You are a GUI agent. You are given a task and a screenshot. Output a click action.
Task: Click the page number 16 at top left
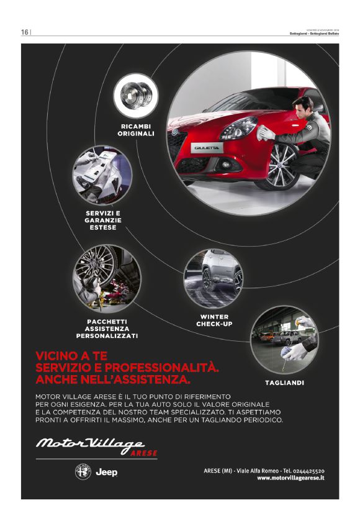tap(25, 32)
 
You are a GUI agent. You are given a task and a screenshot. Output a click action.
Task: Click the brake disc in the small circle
tap(136, 94)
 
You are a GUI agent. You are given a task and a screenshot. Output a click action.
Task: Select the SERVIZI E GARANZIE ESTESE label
tap(103, 220)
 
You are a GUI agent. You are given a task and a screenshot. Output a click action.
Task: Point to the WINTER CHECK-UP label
tap(214, 320)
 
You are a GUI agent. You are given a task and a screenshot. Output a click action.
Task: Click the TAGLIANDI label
tap(284, 383)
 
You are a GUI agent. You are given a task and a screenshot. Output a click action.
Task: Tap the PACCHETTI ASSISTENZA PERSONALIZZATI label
tap(107, 329)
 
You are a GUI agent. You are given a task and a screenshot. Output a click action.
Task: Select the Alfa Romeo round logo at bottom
tap(83, 472)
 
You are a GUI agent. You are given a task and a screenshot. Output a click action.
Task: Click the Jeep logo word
tap(106, 473)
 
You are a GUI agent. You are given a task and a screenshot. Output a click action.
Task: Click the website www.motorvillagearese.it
tap(290, 478)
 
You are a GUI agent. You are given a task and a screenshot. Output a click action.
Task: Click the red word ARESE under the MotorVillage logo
tap(144, 453)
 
